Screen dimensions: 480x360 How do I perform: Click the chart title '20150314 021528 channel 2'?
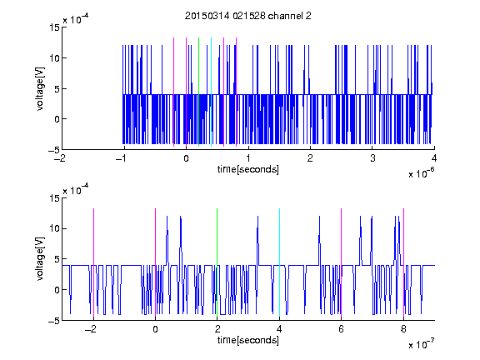click(248, 16)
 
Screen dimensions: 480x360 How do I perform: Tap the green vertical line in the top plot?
click(198, 92)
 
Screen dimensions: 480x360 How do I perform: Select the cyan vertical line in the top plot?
click(211, 92)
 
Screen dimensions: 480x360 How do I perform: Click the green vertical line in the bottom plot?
click(217, 262)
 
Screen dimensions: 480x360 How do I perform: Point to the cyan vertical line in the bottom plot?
click(279, 262)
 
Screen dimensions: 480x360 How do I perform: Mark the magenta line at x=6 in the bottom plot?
click(342, 262)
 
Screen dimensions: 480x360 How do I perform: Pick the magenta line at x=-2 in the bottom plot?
click(93, 262)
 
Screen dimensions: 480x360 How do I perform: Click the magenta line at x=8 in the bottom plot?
click(404, 262)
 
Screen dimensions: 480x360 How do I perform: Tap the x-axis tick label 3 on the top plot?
click(372, 158)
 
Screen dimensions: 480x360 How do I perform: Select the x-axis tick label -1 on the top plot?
click(122, 158)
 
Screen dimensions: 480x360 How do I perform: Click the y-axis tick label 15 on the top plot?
click(54, 27)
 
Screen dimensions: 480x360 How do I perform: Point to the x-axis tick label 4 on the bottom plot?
click(279, 329)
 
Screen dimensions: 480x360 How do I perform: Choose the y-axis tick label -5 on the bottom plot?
click(54, 321)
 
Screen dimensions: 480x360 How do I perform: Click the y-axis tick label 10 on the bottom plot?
click(54, 228)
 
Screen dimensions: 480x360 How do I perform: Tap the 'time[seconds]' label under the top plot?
click(248, 169)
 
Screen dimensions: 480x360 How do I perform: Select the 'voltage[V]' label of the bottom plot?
click(40, 259)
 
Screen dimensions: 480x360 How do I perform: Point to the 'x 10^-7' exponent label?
click(422, 343)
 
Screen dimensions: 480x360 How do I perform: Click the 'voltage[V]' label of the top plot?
click(40, 88)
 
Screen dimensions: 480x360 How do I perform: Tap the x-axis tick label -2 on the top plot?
click(59, 158)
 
